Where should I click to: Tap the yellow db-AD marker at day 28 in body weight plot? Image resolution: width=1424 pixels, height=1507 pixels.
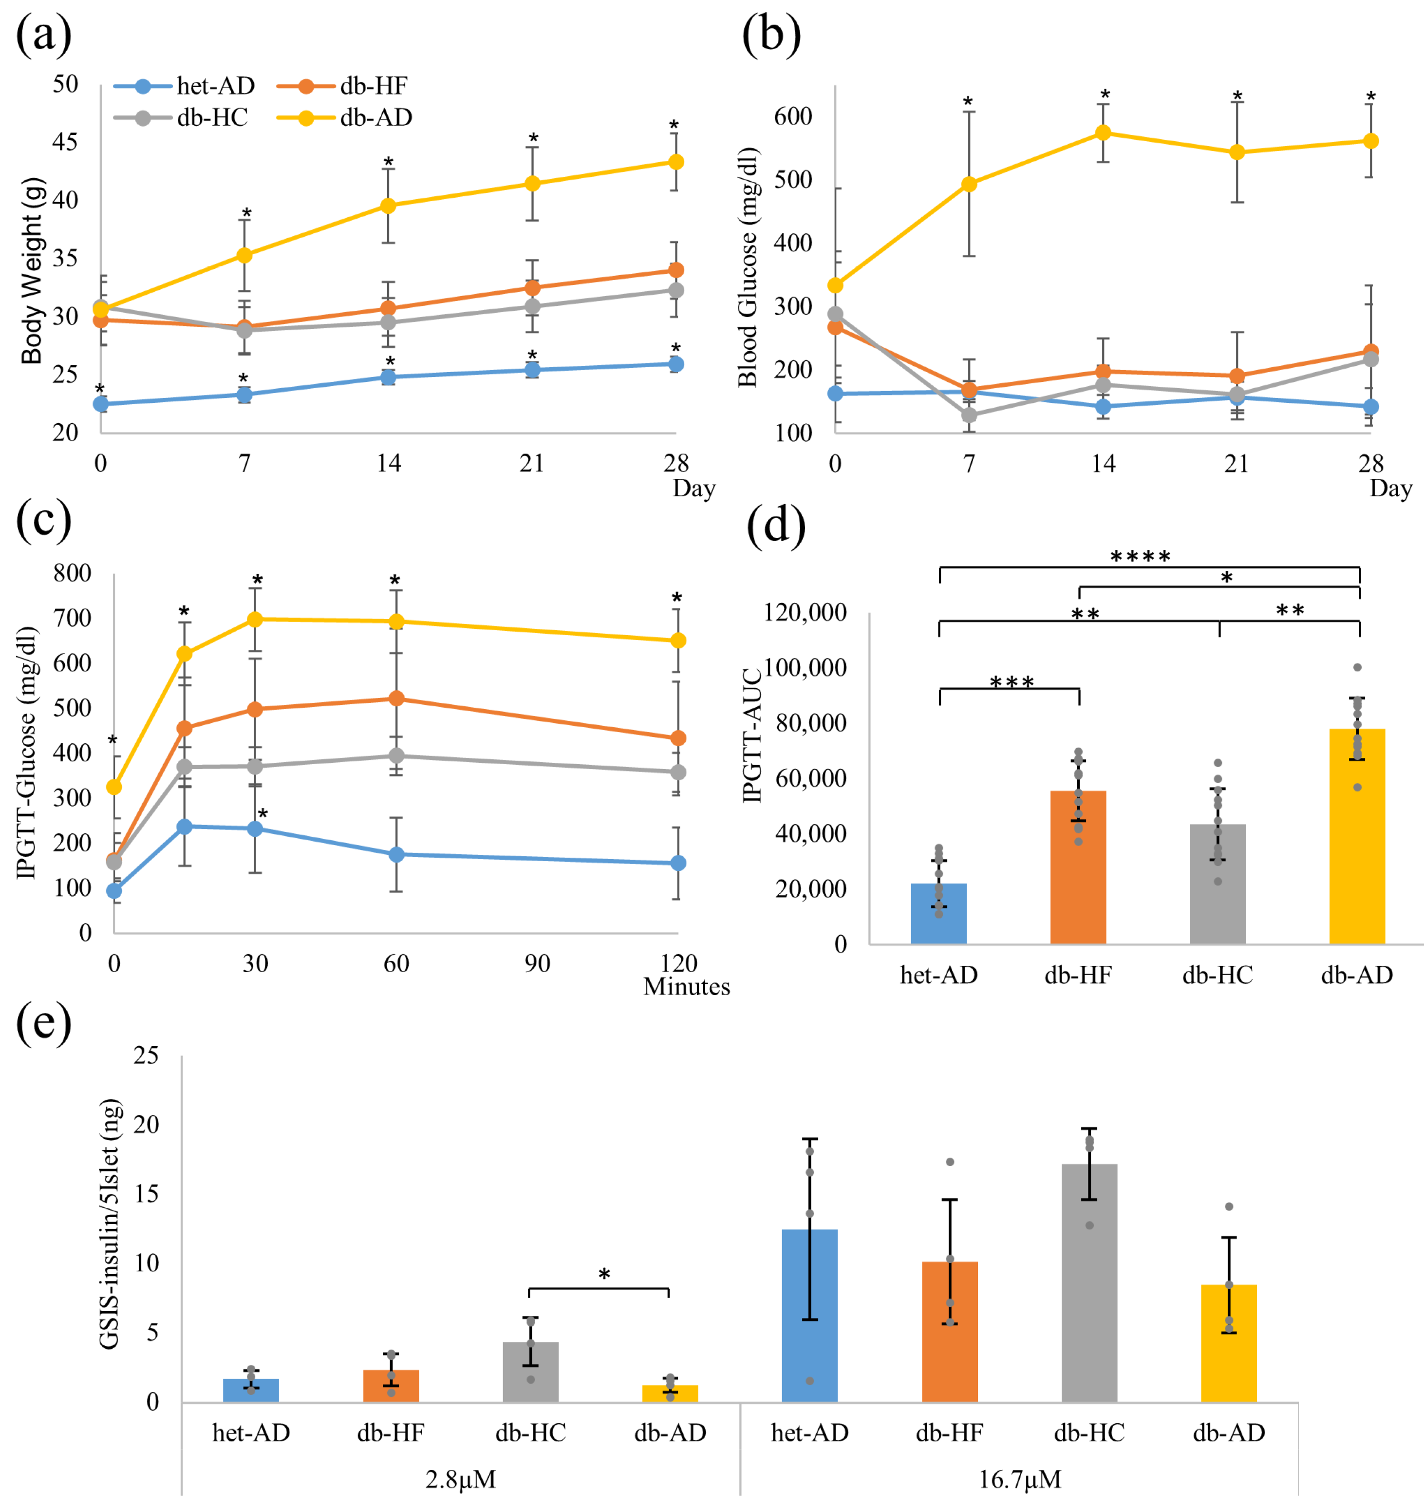click(x=675, y=162)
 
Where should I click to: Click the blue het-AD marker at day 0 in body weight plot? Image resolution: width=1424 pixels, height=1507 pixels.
click(x=100, y=404)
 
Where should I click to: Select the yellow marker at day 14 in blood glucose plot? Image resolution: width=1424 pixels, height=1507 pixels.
click(x=1103, y=133)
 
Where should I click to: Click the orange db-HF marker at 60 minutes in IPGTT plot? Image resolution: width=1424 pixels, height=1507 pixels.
click(x=396, y=697)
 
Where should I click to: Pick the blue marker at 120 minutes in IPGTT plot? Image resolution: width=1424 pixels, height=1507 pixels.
click(x=678, y=863)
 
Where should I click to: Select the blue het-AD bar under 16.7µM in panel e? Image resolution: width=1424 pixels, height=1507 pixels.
click(x=809, y=1316)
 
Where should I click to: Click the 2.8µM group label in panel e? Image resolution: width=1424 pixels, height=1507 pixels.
click(x=460, y=1479)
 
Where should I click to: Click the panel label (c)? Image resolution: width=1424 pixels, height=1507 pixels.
click(x=43, y=520)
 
